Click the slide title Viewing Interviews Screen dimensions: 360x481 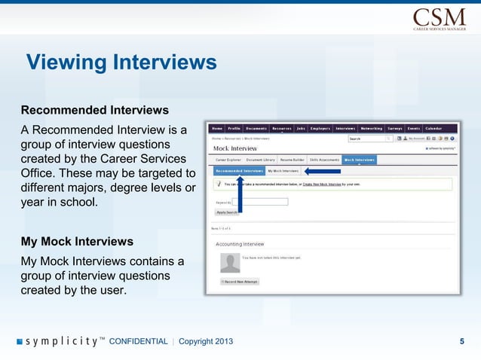tap(121, 61)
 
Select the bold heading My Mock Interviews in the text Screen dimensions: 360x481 tap(77, 242)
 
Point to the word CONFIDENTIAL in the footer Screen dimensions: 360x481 tap(139, 341)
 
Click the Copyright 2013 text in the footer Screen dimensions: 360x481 tap(206, 341)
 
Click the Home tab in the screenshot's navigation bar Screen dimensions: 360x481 tap(217, 128)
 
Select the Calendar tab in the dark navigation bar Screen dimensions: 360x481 tap(434, 128)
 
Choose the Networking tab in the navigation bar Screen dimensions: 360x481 tap(371, 128)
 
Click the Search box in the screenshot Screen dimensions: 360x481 tap(366, 139)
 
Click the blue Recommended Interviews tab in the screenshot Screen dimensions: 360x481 tap(238, 171)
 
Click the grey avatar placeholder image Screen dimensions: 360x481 tap(229, 262)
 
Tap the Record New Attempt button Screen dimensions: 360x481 tap(240, 281)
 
